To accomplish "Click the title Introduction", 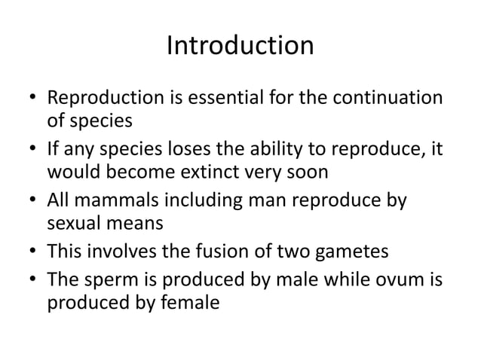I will click(x=240, y=47).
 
